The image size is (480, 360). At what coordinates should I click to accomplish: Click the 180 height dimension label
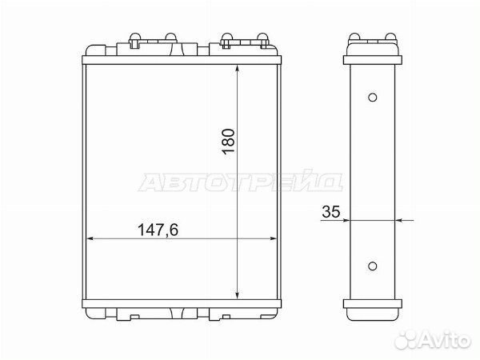[x=229, y=142]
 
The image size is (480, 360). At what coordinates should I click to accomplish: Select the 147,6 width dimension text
[x=158, y=230]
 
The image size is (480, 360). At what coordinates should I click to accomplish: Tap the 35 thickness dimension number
[x=331, y=211]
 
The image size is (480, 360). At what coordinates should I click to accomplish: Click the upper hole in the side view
[x=372, y=98]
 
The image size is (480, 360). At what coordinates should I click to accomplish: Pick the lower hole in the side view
[x=372, y=266]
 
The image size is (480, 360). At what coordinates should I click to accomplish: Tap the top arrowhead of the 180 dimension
[x=238, y=69]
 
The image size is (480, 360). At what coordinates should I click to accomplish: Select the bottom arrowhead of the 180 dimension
[x=238, y=294]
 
